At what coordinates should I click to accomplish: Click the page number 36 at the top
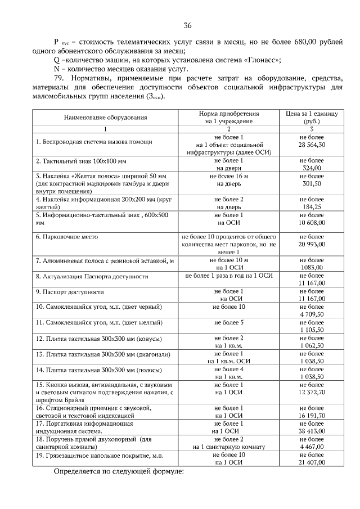tap(187, 25)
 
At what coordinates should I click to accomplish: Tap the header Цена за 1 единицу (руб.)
tap(312, 117)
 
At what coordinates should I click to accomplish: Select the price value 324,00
tap(312, 168)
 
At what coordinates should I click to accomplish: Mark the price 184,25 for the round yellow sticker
tap(312, 207)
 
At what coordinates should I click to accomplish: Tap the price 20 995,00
tap(312, 245)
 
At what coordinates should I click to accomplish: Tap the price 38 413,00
tap(312, 430)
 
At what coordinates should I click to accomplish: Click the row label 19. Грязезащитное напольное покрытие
tap(98, 454)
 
